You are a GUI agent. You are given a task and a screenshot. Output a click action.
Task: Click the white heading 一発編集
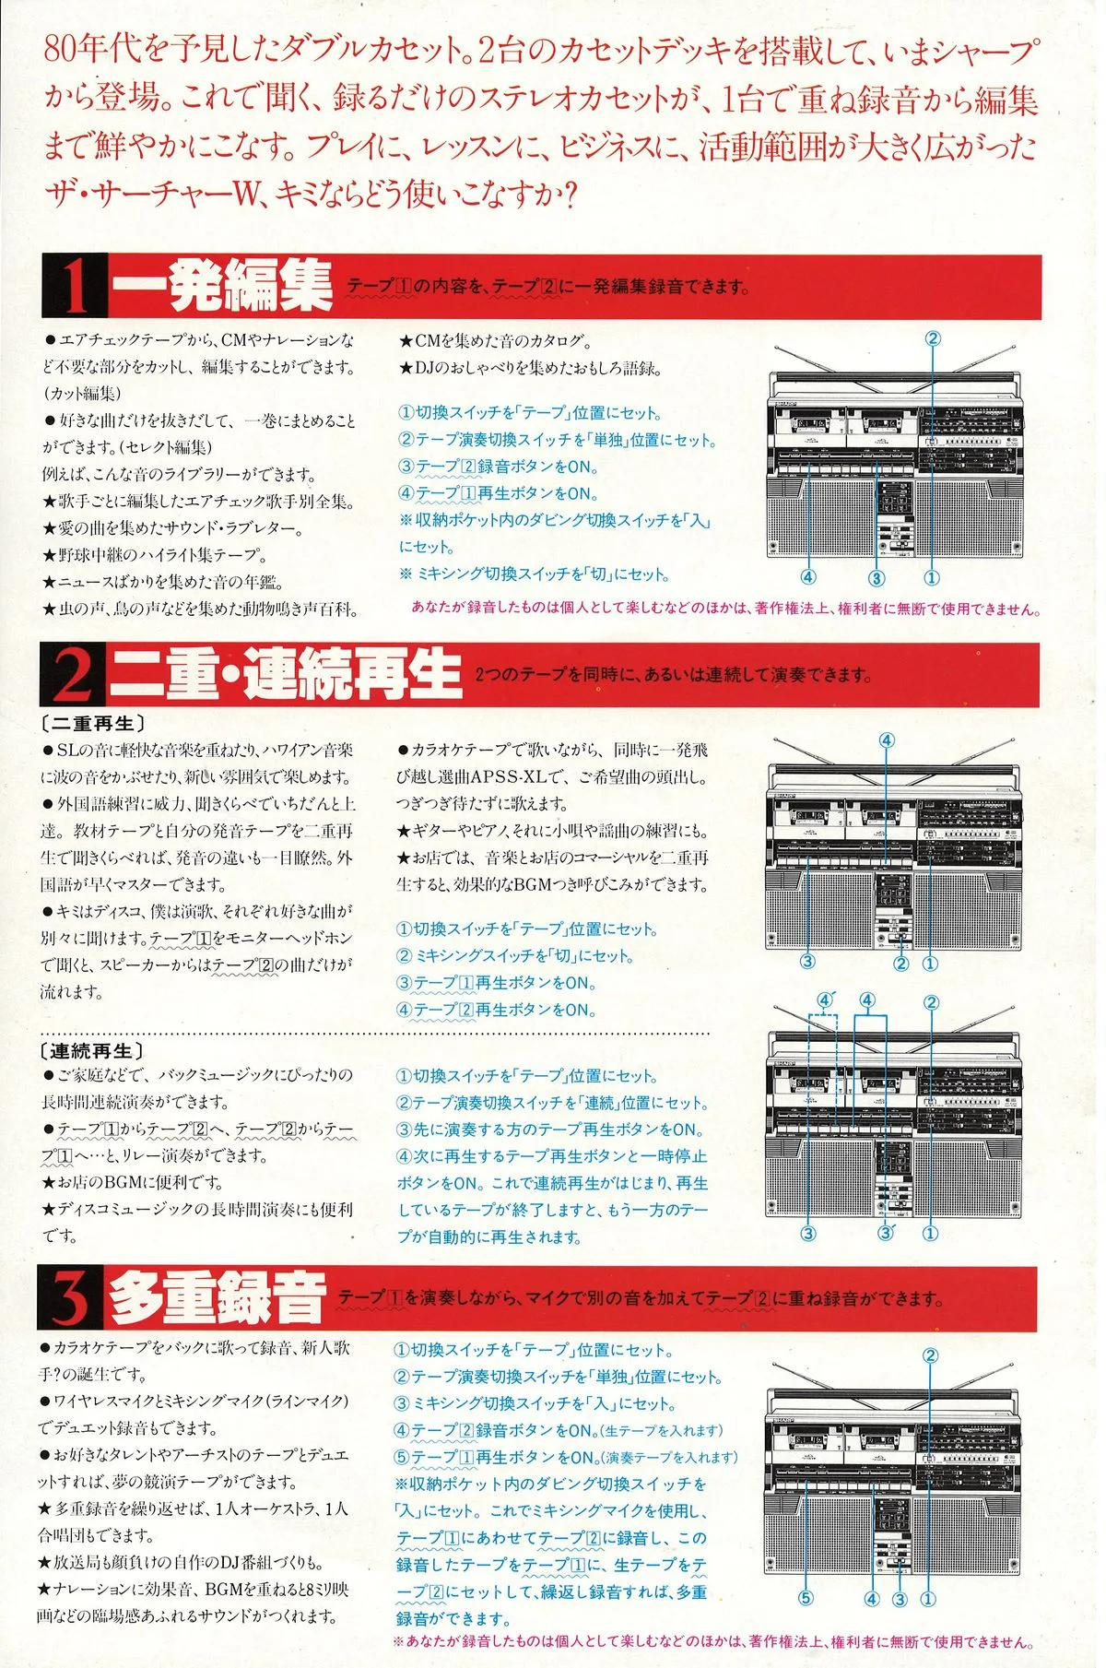pyautogui.click(x=222, y=286)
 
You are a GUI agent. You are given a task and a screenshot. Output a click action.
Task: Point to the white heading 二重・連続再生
pyautogui.click(x=285, y=674)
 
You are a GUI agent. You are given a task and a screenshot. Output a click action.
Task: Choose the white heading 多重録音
pyautogui.click(x=218, y=1298)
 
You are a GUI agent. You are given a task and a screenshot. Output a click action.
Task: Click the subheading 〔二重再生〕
pyautogui.click(x=92, y=724)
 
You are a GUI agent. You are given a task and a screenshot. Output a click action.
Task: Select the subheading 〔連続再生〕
pyautogui.click(x=91, y=1051)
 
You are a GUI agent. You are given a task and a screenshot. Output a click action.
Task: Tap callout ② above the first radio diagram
pyautogui.click(x=933, y=338)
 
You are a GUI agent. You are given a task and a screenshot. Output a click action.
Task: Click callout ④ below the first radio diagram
pyautogui.click(x=808, y=577)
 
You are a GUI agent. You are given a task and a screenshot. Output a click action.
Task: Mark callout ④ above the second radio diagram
pyautogui.click(x=887, y=740)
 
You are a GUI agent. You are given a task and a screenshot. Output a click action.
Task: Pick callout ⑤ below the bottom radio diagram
pyautogui.click(x=806, y=1598)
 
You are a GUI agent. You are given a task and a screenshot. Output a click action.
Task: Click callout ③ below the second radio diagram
pyautogui.click(x=808, y=962)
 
